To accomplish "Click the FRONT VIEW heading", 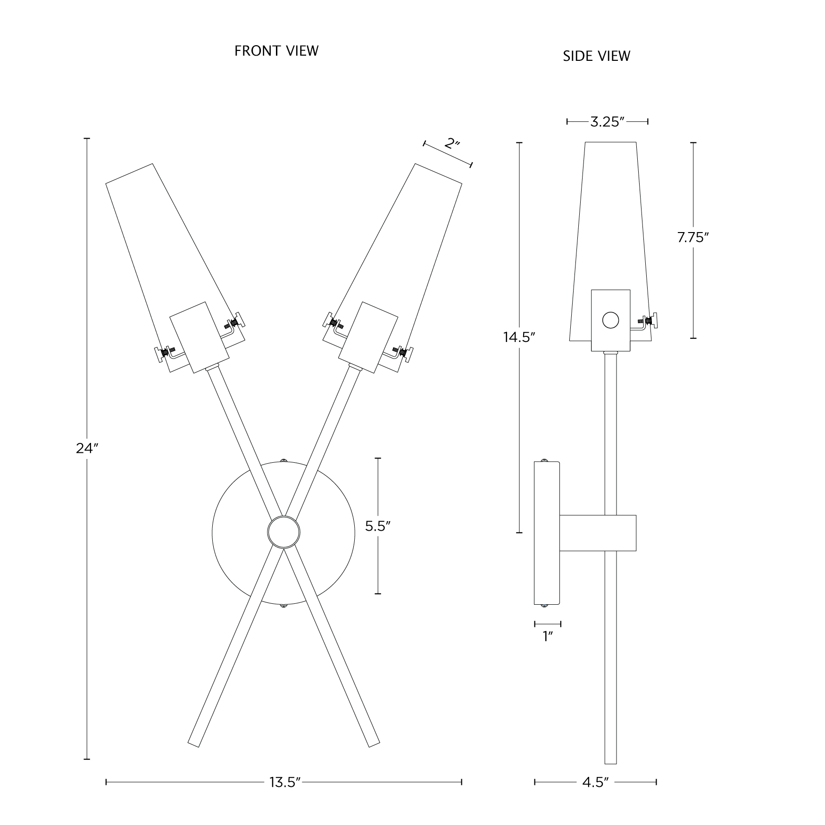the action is [x=276, y=50].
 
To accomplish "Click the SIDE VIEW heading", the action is [x=596, y=56].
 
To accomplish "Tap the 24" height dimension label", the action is [x=87, y=449].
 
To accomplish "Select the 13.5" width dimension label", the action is [x=285, y=782].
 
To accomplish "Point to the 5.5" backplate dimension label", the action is [x=378, y=526].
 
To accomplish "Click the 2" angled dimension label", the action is [x=452, y=143].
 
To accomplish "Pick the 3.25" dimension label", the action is [x=608, y=122].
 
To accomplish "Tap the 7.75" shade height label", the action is [x=693, y=238].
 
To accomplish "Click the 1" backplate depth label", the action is [x=547, y=636].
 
